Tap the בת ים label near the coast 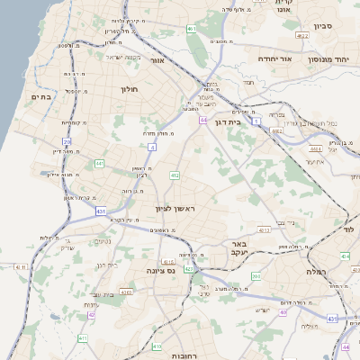click(x=43, y=96)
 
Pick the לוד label click(x=351, y=230)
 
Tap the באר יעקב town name click(x=238, y=250)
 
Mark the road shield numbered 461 click(x=192, y=30)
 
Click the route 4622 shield click(x=302, y=35)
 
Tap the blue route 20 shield click(x=67, y=141)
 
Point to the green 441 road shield click(x=99, y=163)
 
